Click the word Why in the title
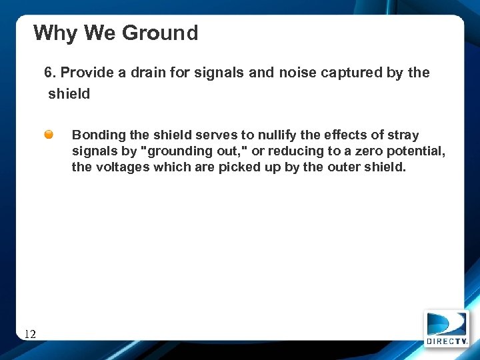55,33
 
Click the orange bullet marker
49,135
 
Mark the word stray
402,135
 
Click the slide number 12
30,334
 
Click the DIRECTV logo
447,328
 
